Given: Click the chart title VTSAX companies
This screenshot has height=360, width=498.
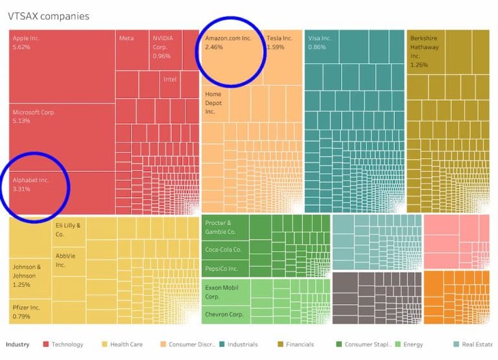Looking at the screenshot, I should (49, 16).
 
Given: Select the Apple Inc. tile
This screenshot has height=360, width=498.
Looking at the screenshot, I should (62, 65).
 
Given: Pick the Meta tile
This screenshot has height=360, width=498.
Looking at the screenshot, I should (132, 49).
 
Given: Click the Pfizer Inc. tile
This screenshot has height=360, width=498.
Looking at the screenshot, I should (30, 311).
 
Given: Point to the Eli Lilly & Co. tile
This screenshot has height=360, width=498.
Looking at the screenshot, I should (69, 230).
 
